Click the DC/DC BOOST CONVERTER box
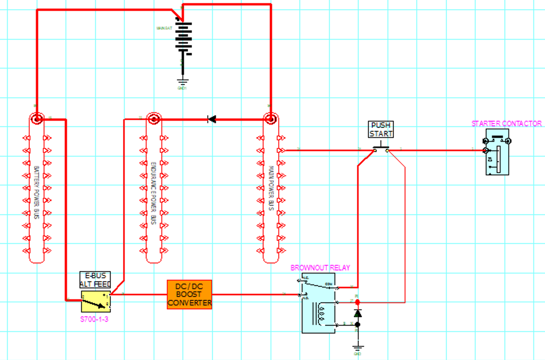coord(189,295)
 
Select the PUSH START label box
coord(380,129)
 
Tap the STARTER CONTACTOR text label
coord(506,124)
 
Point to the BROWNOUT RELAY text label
coord(320,268)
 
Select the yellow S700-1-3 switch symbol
coord(96,301)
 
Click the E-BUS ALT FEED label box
coord(95,280)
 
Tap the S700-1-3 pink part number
coord(94,319)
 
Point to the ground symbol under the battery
coord(182,82)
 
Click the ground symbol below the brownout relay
coord(357,347)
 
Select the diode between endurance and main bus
coord(212,119)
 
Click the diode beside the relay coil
coord(357,313)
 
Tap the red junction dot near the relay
coord(357,302)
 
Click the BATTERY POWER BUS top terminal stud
coord(37,118)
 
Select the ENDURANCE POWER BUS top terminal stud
coord(154,118)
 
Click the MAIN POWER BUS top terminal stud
coord(270,118)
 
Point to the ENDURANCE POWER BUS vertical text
coord(153,193)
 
